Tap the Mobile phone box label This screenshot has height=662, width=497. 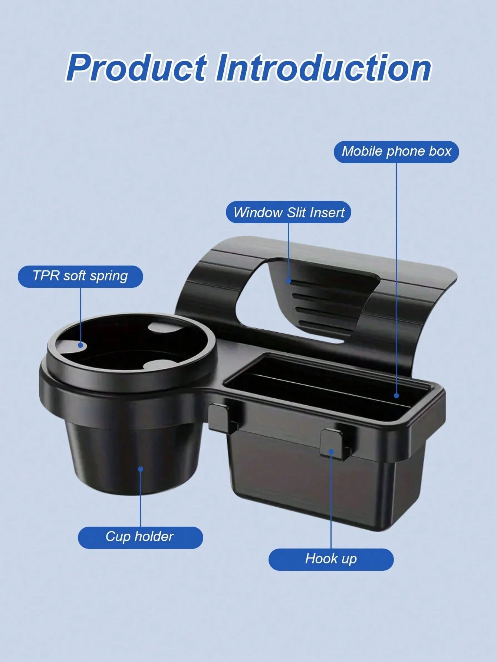[x=396, y=151]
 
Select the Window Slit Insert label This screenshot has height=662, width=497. [x=289, y=213]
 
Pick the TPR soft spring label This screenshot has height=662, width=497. [x=80, y=276]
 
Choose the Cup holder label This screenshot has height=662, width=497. [x=140, y=537]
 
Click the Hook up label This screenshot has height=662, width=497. [x=331, y=559]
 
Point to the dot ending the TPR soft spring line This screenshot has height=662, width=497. [x=80, y=345]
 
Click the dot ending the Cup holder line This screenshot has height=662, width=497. [x=141, y=469]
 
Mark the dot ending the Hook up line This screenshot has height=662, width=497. [x=331, y=451]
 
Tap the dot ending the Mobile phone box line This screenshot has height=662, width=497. [x=396, y=396]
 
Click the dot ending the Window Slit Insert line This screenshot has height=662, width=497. [x=289, y=281]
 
